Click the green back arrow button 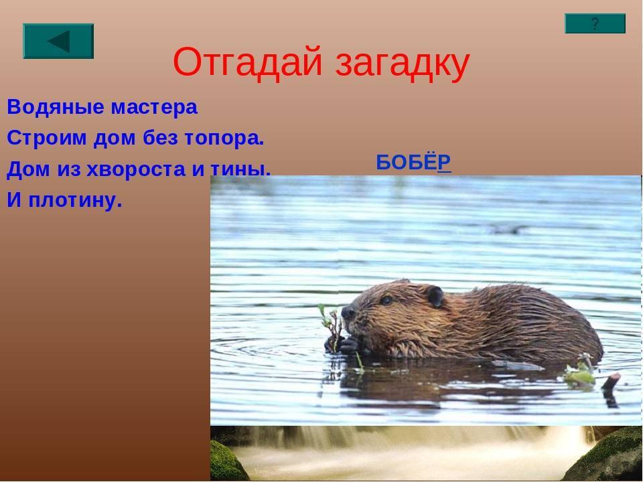coord(58,41)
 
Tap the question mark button coord(595,23)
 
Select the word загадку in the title coord(403,64)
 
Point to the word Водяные coord(56,107)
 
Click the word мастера coord(155,107)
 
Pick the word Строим coord(47,138)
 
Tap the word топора coord(224,139)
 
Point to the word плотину coord(76,200)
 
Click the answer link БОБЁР coord(414,162)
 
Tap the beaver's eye coord(386,300)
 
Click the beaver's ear coord(435,297)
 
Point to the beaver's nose coord(348,313)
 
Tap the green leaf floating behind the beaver coord(579,376)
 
